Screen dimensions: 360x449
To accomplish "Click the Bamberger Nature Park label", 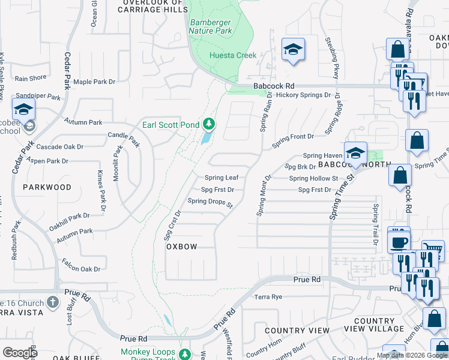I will [x=211, y=26].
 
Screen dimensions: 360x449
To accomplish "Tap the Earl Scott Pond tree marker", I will [x=209, y=124].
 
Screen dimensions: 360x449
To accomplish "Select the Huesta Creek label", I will [x=233, y=56].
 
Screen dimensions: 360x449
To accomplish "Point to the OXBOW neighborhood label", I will [x=181, y=247].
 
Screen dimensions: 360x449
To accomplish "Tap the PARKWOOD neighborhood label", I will [x=47, y=187].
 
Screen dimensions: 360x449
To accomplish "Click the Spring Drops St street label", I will [x=209, y=202].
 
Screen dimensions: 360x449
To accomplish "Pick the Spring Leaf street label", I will [x=221, y=178].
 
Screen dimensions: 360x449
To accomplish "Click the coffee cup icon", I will [x=399, y=242].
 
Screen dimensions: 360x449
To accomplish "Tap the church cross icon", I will [x=52, y=302].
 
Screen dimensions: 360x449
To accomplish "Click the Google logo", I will [x=20, y=353].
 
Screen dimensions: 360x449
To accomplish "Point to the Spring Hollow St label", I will [x=313, y=178].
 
